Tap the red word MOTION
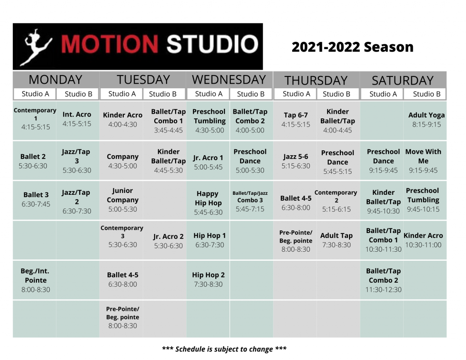tap(110, 45)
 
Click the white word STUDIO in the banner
tap(212, 45)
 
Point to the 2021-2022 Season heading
tap(353, 47)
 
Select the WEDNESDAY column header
tap(229, 80)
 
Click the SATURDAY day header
tap(403, 81)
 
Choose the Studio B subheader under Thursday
tap(336, 94)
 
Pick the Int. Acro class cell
tap(77, 119)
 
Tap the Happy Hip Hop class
tap(208, 203)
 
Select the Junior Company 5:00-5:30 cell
tap(122, 200)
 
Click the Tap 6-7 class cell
tap(296, 120)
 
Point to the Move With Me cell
tap(424, 161)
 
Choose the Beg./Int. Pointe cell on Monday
tap(35, 280)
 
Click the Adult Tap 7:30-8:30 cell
tap(336, 240)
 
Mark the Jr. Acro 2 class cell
tap(168, 241)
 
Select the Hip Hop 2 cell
tap(208, 279)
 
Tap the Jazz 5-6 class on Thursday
tap(296, 161)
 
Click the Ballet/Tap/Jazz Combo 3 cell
tap(250, 201)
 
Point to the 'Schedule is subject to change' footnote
tap(224, 349)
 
